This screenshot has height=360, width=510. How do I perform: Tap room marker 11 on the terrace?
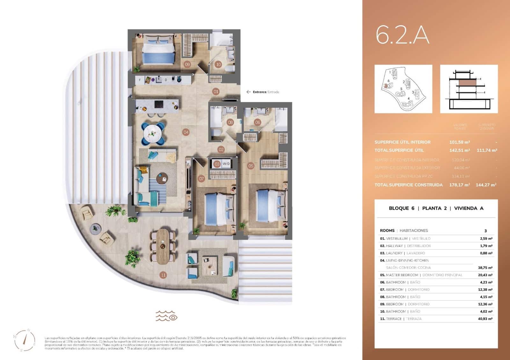pos(163,275)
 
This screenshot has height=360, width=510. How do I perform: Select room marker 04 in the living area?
pos(186,132)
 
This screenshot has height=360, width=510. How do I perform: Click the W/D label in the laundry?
pos(226,164)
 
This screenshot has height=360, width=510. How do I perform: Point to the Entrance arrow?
pos(249,92)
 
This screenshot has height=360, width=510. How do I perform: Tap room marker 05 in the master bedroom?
pos(251,166)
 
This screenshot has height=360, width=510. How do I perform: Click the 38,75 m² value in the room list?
pos(485,268)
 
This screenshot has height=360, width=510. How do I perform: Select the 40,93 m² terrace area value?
pos(485,319)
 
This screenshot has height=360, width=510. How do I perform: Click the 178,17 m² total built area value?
pos(459,185)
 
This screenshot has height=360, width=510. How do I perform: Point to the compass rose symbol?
pos(25,340)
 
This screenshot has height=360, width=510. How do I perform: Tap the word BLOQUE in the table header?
pos(398,208)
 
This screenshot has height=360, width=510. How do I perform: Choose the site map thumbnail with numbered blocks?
pos(403,89)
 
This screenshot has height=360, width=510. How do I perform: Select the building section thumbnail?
pos(469,89)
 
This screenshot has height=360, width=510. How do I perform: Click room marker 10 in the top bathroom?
pos(218,64)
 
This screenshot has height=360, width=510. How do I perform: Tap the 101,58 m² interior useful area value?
pos(459,142)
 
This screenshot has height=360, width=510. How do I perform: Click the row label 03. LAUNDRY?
pos(394,253)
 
